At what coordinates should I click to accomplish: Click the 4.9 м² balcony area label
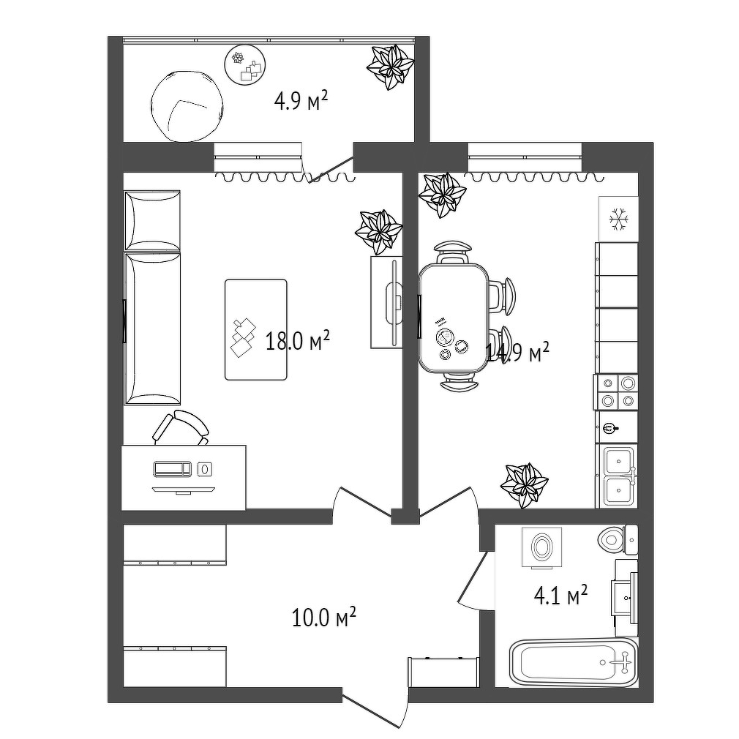point(301,101)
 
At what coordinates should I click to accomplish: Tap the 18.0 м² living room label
point(297,341)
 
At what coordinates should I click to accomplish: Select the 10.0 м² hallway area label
point(324,618)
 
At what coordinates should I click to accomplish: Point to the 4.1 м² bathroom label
point(560,596)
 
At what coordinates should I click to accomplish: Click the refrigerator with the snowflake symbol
point(618,220)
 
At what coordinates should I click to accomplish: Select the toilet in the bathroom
point(618,540)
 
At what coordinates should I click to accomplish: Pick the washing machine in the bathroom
point(542,547)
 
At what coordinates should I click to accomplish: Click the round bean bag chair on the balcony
point(187,106)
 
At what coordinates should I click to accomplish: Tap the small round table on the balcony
point(245,65)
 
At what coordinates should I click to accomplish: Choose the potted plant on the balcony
point(391,67)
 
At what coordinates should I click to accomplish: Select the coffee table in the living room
point(256,329)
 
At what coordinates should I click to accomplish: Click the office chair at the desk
point(181,427)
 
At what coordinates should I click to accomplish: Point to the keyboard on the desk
point(173,468)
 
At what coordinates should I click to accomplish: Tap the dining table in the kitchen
point(454,318)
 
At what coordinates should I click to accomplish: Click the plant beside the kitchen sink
point(524,485)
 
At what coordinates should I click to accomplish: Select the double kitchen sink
point(618,476)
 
